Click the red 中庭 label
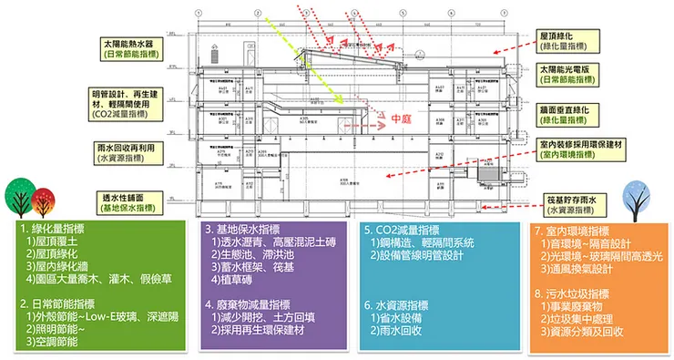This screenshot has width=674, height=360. coord(401,119)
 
